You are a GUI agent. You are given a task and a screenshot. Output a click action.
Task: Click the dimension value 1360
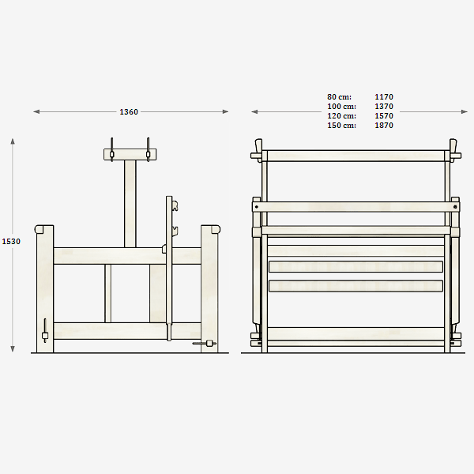click(x=129, y=112)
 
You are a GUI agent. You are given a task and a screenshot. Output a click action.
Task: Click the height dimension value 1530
click(x=11, y=241)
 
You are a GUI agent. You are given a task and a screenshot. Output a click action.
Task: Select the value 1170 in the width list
click(x=384, y=96)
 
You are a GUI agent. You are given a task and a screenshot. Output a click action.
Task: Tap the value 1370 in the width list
click(x=384, y=107)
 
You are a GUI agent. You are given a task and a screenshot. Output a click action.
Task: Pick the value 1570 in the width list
click(x=384, y=116)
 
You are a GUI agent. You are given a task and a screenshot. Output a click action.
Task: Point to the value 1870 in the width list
click(x=384, y=125)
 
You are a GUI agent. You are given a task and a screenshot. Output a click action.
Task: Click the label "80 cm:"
click(x=339, y=96)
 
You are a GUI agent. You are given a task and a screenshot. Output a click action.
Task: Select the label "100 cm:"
click(x=341, y=107)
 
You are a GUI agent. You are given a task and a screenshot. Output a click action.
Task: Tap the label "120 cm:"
click(x=341, y=116)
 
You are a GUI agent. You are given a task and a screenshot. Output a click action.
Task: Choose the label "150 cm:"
click(x=341, y=125)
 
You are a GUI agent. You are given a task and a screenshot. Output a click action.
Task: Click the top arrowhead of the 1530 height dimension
click(x=13, y=141)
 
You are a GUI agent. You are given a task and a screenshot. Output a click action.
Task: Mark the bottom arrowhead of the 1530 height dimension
click(x=13, y=349)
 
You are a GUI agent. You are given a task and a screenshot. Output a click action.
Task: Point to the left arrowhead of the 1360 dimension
click(x=36, y=112)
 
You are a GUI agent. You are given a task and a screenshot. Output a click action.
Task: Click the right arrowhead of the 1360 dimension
click(x=225, y=112)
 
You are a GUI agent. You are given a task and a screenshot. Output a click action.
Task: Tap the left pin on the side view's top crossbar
click(x=112, y=149)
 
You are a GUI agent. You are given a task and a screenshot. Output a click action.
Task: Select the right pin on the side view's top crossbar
click(x=149, y=149)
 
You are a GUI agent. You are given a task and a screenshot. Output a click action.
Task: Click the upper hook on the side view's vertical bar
click(x=175, y=206)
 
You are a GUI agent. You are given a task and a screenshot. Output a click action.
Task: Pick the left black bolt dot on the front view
click(x=257, y=207)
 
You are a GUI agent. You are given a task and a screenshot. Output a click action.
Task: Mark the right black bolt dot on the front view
click(x=455, y=207)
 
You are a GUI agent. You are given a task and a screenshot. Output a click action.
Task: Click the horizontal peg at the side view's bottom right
click(x=205, y=343)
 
